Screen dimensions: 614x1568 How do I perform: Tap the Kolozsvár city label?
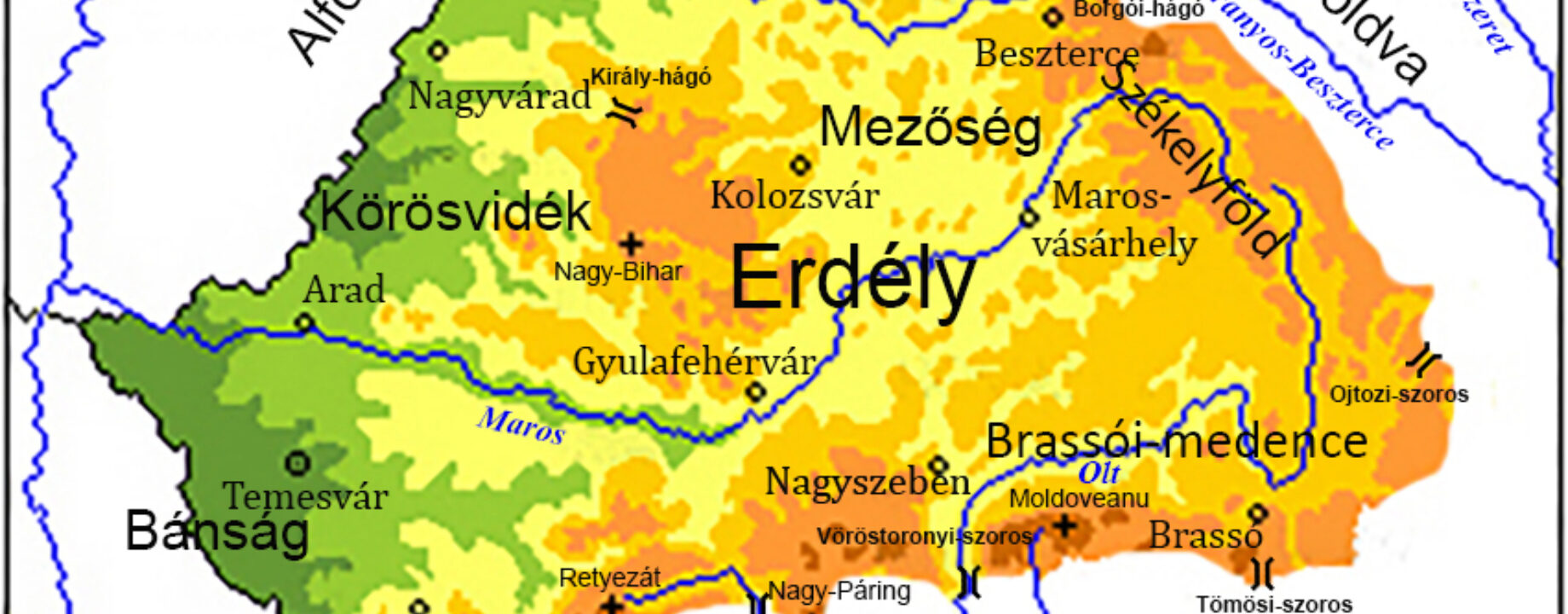[794, 196]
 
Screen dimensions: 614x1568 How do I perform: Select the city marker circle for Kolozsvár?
[800, 165]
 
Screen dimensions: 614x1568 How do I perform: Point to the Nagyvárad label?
[499, 96]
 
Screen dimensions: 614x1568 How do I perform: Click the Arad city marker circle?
[303, 323]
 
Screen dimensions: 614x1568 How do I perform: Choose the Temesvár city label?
[305, 496]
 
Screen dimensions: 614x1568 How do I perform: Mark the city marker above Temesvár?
[297, 463]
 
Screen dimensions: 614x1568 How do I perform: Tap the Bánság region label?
[216, 531]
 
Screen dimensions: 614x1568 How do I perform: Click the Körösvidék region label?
[455, 212]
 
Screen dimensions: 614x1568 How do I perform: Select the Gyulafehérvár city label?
[694, 362]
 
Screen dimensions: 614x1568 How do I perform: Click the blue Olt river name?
[1099, 472]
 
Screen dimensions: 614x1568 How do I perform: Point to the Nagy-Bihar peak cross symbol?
[631, 246]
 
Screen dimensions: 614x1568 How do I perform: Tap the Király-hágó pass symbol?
[627, 111]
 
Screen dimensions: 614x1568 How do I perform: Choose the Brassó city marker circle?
[1258, 513]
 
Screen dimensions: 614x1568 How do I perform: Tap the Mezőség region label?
[930, 129]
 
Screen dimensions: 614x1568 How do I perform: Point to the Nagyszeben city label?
[868, 483]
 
